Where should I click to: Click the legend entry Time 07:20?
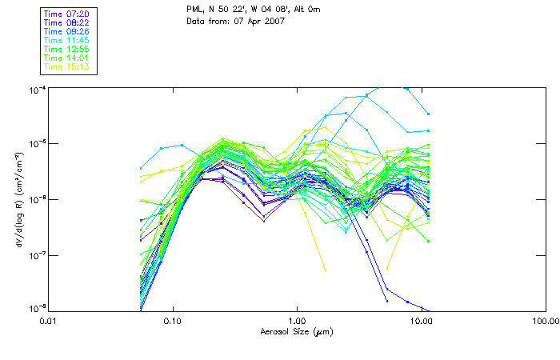pyautogui.click(x=67, y=14)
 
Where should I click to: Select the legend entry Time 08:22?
pyautogui.click(x=67, y=23)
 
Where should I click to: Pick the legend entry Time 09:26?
pyautogui.click(x=67, y=32)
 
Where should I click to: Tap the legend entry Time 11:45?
pyautogui.click(x=67, y=41)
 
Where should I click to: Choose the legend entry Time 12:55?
pyautogui.click(x=67, y=50)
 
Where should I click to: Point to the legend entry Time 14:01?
pyautogui.click(x=67, y=58)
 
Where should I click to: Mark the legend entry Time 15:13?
pyautogui.click(x=67, y=67)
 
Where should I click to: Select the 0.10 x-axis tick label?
pyautogui.click(x=173, y=320)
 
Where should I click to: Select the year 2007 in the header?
pyautogui.click(x=274, y=21)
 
